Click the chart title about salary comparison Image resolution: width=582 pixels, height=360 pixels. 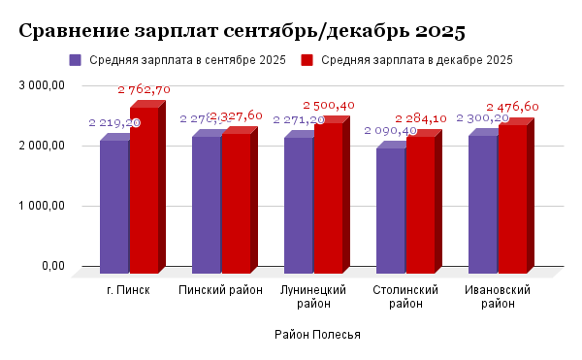[242, 31]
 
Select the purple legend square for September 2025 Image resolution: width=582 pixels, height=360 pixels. [76, 60]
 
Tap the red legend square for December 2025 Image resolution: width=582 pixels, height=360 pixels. [307, 60]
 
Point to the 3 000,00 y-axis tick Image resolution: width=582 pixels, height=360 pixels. [42, 85]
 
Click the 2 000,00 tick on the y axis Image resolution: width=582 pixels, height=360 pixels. [42, 146]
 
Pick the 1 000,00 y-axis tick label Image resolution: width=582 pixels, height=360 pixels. [42, 206]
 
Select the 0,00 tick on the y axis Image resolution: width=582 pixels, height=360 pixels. [50, 266]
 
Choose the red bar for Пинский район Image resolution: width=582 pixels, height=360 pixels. [236, 203]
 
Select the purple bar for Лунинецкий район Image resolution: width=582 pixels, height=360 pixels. [298, 205]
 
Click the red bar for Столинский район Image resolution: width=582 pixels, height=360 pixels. [420, 205]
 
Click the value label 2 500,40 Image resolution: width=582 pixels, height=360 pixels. [329, 105]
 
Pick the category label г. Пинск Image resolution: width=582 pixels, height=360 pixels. [129, 290]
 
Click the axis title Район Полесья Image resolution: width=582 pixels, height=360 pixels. [317, 335]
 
